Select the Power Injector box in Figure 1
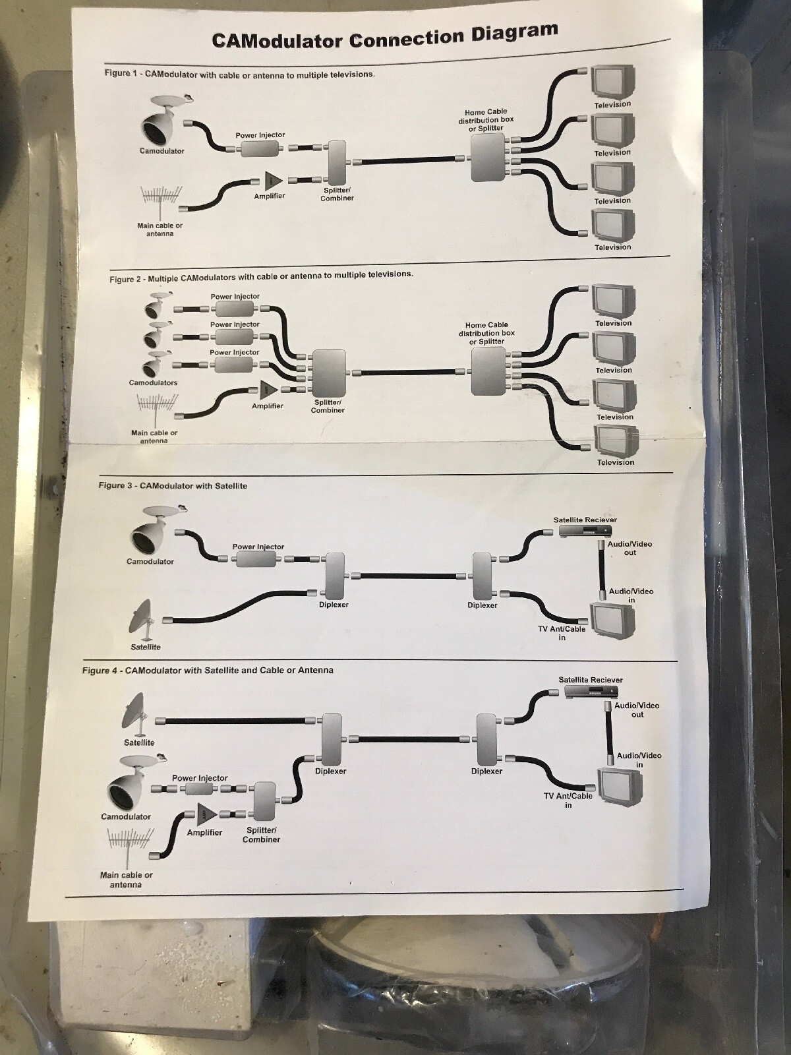[260, 148]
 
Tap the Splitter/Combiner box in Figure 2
[328, 373]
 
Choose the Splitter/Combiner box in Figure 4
[264, 801]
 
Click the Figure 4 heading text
[208, 671]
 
